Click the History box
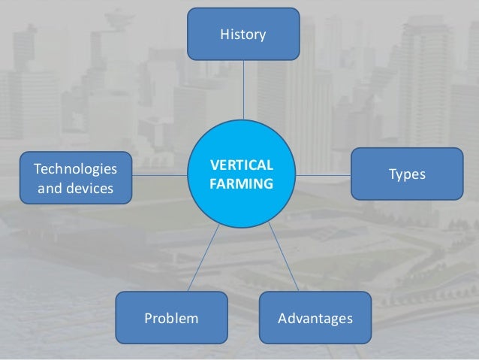[243, 34]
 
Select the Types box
[408, 174]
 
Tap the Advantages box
[315, 319]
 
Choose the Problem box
[172, 319]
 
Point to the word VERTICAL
[242, 165]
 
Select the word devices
[86, 187]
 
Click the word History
[243, 34]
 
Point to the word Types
[408, 174]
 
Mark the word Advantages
[315, 319]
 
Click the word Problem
[172, 319]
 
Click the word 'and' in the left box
[50, 187]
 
